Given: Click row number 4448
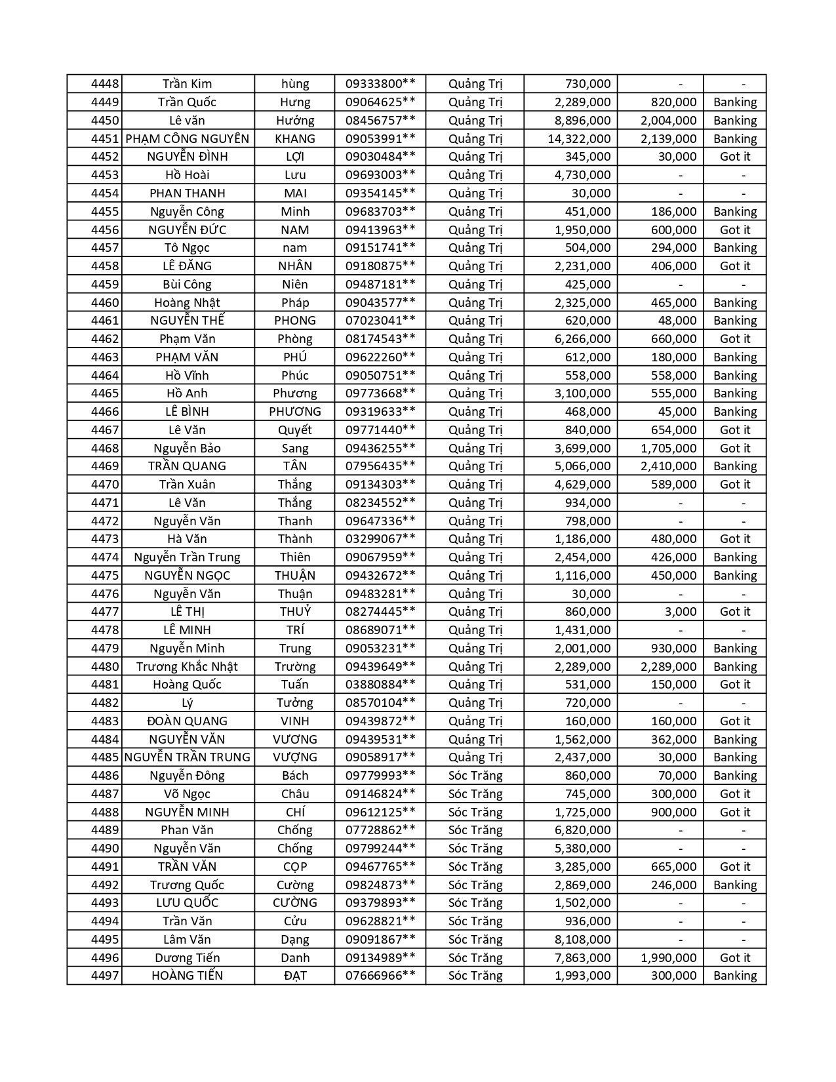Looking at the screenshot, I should (105, 84).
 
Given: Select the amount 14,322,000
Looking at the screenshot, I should (579, 138).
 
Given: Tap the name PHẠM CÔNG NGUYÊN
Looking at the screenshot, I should (188, 138).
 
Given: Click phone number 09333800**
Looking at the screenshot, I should (380, 84).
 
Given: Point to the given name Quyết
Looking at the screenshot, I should (295, 430).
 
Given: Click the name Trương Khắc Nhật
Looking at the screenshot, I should (188, 666).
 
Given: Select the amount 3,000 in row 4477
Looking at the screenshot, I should (680, 612).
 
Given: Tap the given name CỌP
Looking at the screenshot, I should (295, 866).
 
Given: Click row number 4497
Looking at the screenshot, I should (105, 976).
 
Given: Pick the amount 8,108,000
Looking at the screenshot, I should (582, 939).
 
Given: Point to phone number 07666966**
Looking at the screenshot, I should (380, 976).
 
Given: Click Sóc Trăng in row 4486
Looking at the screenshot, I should (475, 776).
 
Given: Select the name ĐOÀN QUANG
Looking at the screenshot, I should (188, 721).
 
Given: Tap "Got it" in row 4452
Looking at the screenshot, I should (734, 157).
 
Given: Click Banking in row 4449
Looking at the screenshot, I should (734, 102).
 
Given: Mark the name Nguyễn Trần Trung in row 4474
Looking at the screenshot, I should (188, 557).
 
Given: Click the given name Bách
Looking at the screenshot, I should (295, 776).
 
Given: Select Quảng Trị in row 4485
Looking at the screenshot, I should (475, 757).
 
